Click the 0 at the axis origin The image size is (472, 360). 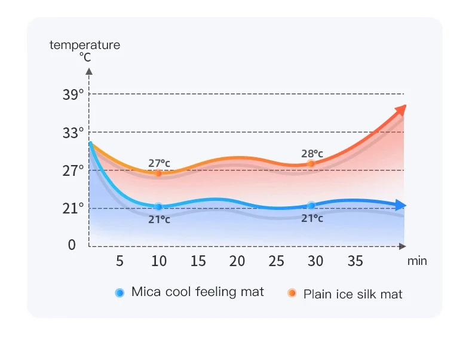coord(72,245)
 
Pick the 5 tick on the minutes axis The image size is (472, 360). coord(119,261)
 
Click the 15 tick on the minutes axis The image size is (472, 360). coord(198,261)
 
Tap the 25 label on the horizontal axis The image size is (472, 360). coord(276,261)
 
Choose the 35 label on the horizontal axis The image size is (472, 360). coord(355,261)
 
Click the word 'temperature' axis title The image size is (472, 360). coord(85,45)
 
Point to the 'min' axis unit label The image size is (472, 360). coord(417,261)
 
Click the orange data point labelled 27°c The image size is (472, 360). coord(158,173)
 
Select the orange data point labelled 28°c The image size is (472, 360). coord(311,164)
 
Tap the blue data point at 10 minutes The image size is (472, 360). coord(158,206)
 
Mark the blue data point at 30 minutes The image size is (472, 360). coord(311,206)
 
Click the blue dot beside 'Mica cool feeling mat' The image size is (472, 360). coord(119,293)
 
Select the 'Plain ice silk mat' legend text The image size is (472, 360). coord(353,294)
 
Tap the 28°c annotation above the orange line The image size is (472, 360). coord(312,154)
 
